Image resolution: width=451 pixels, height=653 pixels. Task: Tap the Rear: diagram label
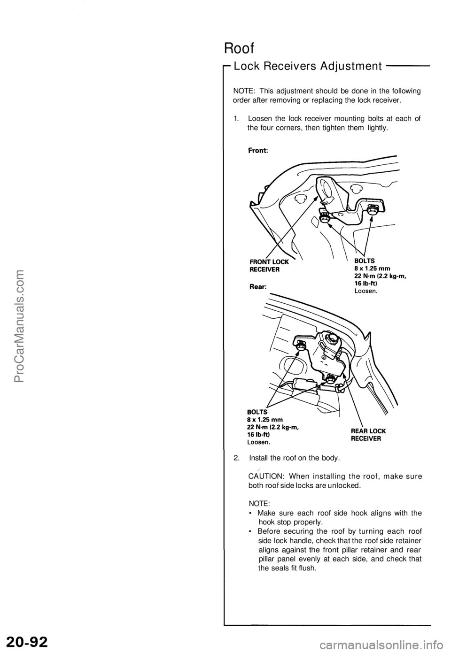(x=257, y=285)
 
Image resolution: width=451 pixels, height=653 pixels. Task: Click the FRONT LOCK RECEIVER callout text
(x=269, y=266)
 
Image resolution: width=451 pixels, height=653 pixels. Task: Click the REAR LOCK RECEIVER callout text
(x=369, y=435)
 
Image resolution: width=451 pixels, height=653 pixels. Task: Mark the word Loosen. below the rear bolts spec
(x=259, y=442)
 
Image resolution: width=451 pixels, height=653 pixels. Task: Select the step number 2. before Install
(x=236, y=457)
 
